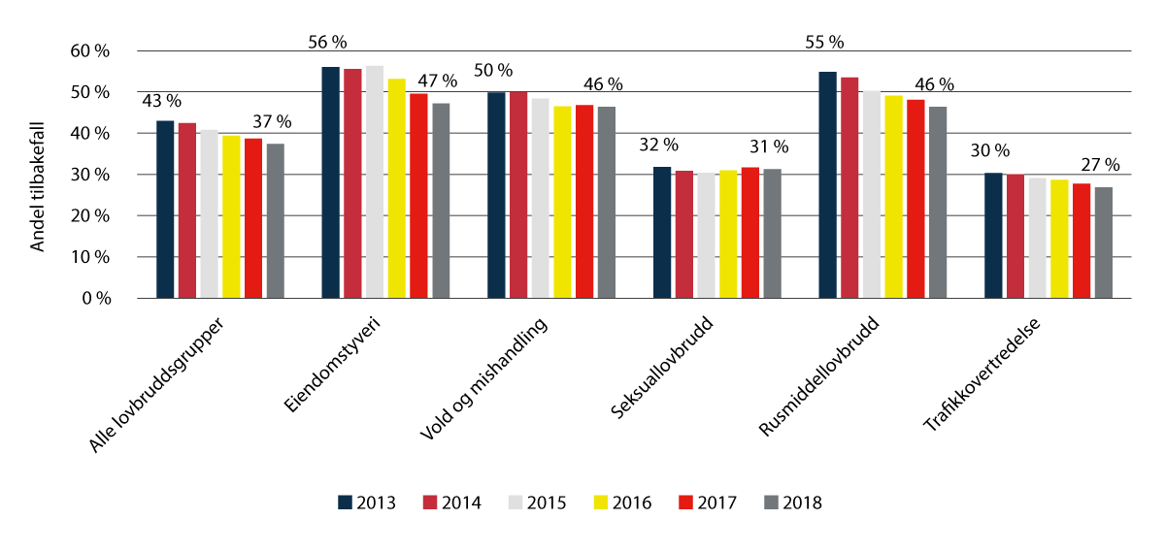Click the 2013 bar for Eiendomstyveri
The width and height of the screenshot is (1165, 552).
pyautogui.click(x=330, y=182)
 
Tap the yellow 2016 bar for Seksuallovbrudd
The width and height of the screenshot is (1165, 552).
pyautogui.click(x=727, y=234)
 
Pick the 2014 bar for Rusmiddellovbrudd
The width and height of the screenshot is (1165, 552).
pyautogui.click(x=849, y=188)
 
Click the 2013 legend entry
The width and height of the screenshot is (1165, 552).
pyautogui.click(x=368, y=503)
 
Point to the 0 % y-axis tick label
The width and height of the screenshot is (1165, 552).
pyautogui.click(x=95, y=299)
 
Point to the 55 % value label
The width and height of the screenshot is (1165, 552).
pyautogui.click(x=824, y=43)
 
